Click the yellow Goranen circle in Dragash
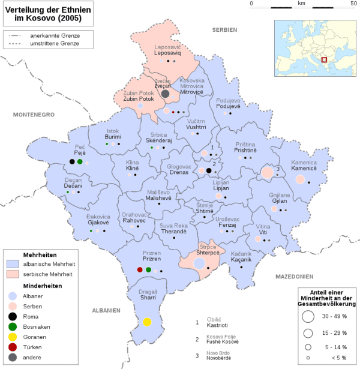[x=146, y=322]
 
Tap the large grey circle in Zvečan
[x=165, y=93]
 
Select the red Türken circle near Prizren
[x=140, y=269]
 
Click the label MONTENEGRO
[x=34, y=115]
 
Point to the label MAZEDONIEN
[x=295, y=277]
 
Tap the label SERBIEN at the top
[x=224, y=29]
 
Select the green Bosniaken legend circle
[x=14, y=326]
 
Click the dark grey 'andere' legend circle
[x=14, y=358]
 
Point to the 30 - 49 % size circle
[x=308, y=316]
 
